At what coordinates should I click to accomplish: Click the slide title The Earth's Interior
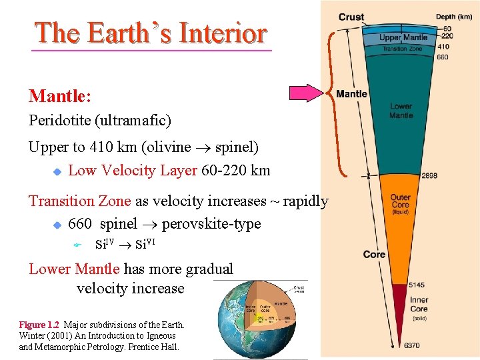pyautogui.click(x=151, y=33)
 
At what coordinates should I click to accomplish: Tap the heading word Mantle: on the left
pyautogui.click(x=60, y=96)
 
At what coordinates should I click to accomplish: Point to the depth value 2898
pyautogui.click(x=430, y=176)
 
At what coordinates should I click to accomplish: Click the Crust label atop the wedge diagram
pyautogui.click(x=351, y=17)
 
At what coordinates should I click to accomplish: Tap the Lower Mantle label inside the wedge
pyautogui.click(x=401, y=111)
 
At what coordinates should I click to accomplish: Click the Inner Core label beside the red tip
pyautogui.click(x=419, y=305)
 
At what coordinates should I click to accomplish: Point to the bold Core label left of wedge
pyautogui.click(x=374, y=254)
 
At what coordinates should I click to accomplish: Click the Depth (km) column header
pyautogui.click(x=454, y=17)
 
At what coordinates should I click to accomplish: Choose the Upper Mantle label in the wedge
pyautogui.click(x=403, y=38)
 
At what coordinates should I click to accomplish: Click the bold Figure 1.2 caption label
pyautogui.click(x=39, y=325)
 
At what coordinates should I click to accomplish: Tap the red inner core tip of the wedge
pyautogui.click(x=399, y=307)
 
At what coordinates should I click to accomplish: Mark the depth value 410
pyautogui.click(x=443, y=47)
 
